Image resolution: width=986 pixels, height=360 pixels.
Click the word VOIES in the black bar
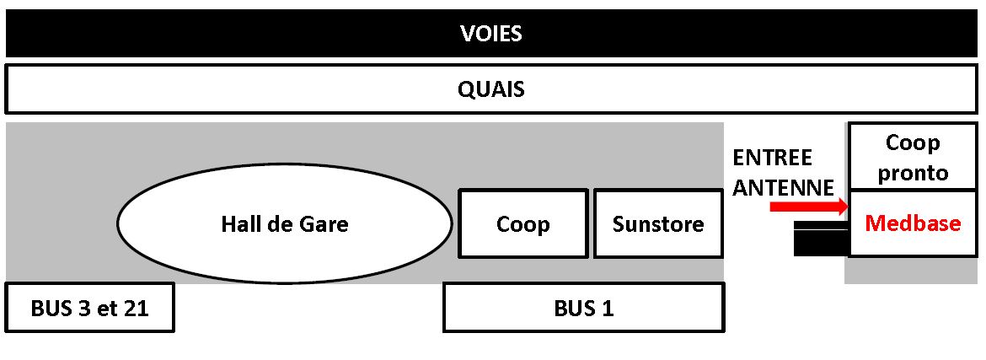click(491, 34)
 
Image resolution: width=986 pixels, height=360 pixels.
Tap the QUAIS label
click(491, 89)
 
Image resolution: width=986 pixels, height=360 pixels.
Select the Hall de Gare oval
click(284, 224)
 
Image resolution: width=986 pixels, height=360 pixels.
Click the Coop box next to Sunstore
click(522, 224)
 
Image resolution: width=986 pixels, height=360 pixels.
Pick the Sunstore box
click(658, 224)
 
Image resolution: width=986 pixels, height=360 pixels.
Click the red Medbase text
click(913, 223)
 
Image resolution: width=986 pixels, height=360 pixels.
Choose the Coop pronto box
click(912, 158)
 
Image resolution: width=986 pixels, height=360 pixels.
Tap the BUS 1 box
click(583, 308)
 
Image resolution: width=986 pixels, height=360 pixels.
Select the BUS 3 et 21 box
click(89, 308)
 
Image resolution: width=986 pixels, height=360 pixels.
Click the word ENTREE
click(772, 159)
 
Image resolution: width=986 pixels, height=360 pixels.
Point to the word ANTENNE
click(783, 187)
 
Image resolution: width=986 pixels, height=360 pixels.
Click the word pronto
click(913, 173)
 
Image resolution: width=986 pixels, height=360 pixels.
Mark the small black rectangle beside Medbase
click(820, 239)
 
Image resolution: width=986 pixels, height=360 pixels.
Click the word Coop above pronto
click(913, 143)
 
